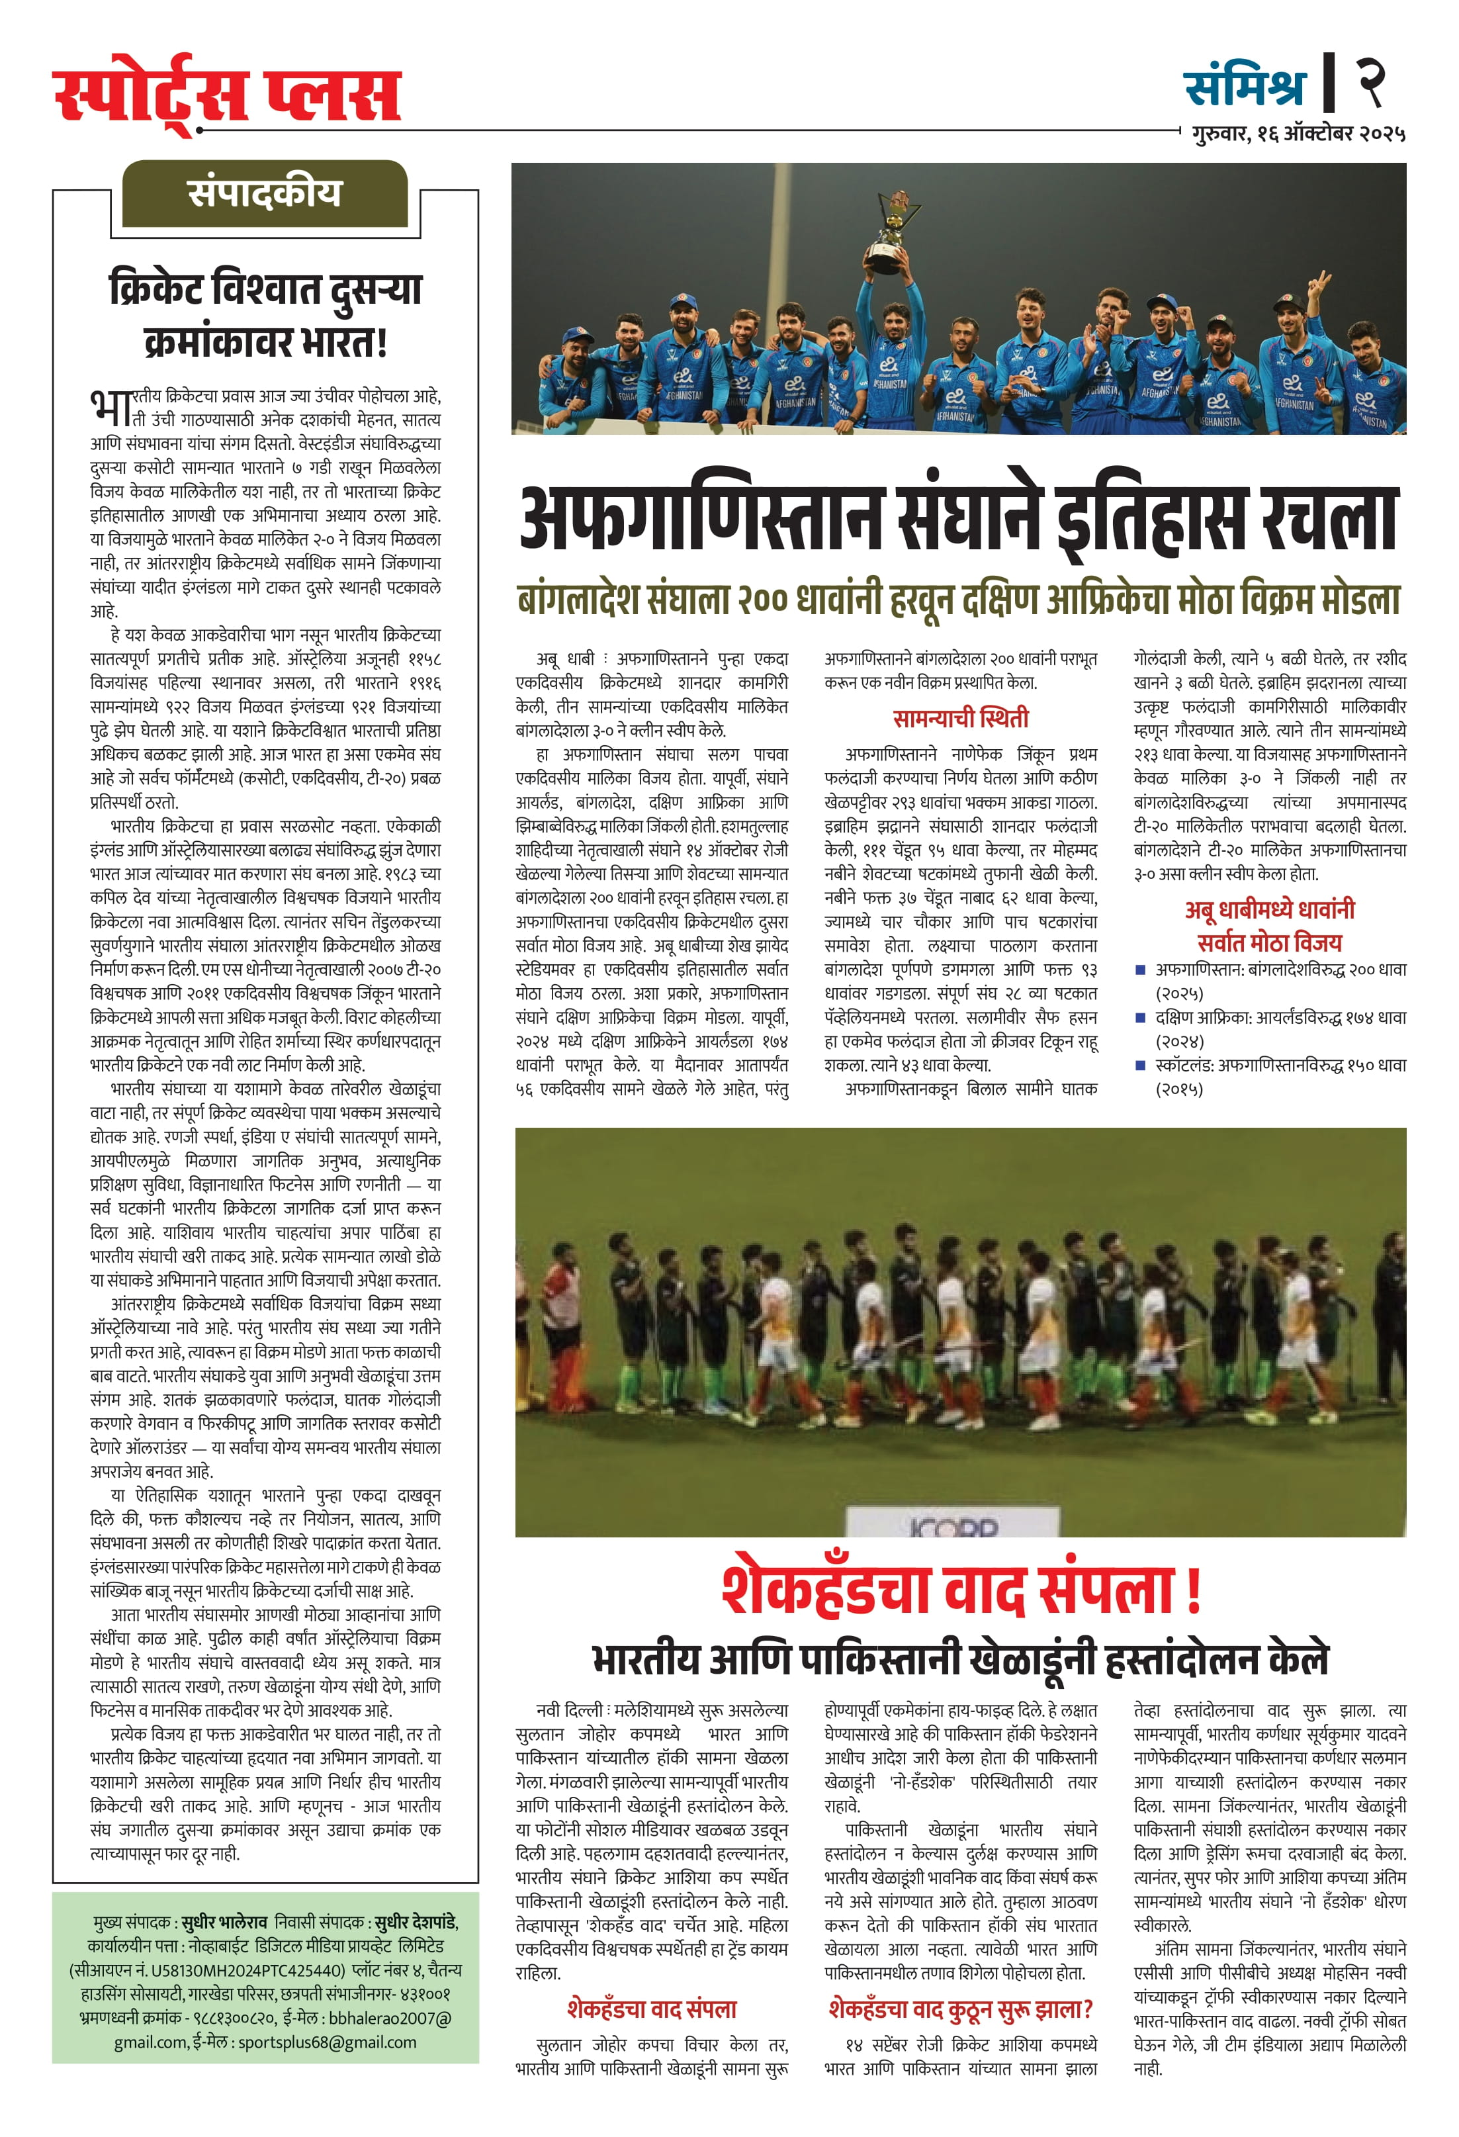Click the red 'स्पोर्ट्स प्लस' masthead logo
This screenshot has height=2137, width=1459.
click(x=227, y=95)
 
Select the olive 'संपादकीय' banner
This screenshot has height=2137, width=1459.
click(x=265, y=193)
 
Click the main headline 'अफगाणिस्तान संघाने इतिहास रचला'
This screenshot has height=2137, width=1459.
click(x=959, y=520)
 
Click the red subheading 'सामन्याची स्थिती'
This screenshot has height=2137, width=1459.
click(x=961, y=717)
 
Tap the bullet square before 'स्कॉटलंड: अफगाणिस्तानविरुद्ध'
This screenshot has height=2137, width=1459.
click(x=1141, y=1065)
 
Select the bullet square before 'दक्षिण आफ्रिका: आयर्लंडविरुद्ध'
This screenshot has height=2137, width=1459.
click(x=1141, y=1017)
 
